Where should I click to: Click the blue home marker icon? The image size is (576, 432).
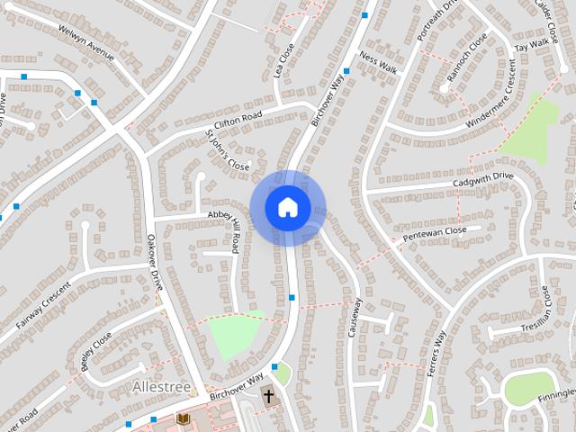pyautogui.click(x=287, y=208)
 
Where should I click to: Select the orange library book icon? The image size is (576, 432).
pyautogui.click(x=183, y=419)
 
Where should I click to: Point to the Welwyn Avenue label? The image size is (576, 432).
pyautogui.click(x=86, y=42)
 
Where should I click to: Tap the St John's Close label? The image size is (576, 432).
pyautogui.click(x=227, y=150)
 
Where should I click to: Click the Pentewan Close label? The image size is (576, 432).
pyautogui.click(x=436, y=233)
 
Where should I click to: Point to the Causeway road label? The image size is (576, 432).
pyautogui.click(x=355, y=317)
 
